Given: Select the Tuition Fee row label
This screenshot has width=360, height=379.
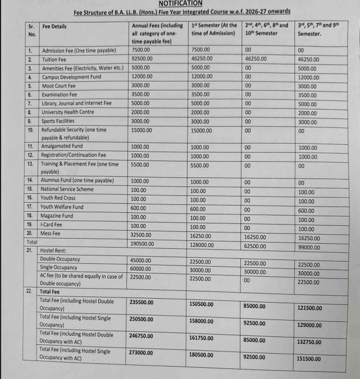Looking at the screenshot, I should pos(54,59).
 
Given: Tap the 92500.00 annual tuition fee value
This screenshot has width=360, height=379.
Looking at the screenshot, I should pos(142,58).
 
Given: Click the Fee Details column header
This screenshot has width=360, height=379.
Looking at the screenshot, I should pos(54,26).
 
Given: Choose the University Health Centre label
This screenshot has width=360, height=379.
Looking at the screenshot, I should pos(68,112).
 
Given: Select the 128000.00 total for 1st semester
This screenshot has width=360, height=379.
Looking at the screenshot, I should pos(203,245).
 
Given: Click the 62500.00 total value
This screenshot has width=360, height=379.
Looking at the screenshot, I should pos(256,246).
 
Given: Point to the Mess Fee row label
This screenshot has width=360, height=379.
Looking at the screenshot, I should pos(51,233).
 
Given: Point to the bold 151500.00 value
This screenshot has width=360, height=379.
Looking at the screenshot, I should pos(309,359).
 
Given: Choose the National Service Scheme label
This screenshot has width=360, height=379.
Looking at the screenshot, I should pos(67,189).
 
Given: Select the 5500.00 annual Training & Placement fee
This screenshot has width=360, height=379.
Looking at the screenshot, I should pos(140,165).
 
